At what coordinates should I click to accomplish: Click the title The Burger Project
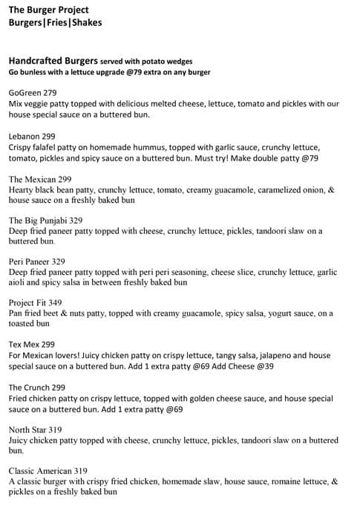click(x=48, y=10)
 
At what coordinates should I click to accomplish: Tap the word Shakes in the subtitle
click(x=88, y=22)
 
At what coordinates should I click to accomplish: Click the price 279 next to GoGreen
click(x=50, y=93)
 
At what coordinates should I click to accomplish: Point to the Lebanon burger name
click(x=24, y=137)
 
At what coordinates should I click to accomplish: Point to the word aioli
click(x=19, y=282)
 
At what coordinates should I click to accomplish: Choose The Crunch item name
click(x=30, y=387)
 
